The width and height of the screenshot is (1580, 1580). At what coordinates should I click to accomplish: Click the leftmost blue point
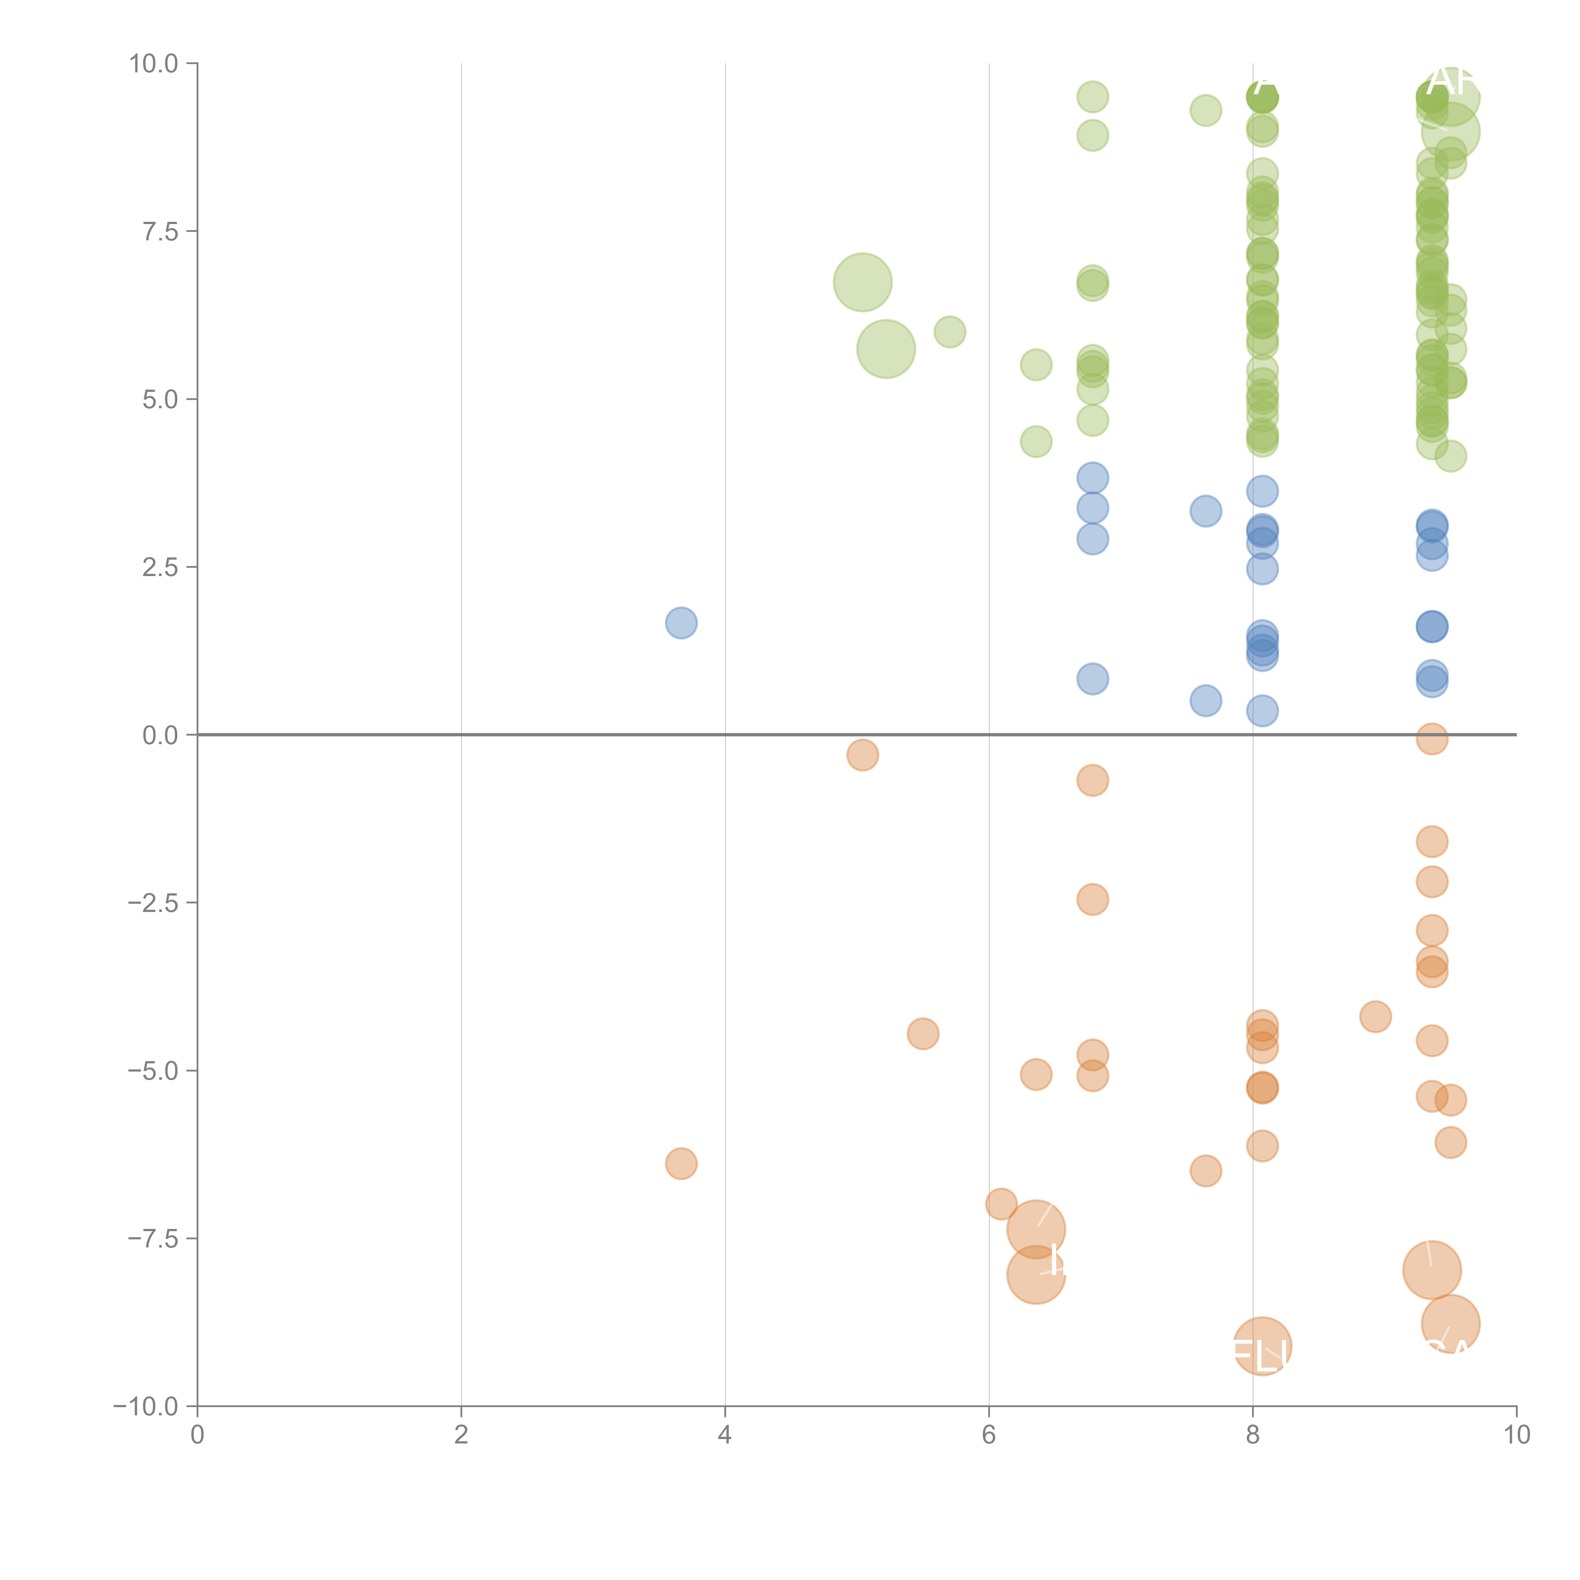click(x=681, y=623)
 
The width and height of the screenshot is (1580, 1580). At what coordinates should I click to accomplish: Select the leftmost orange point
click(x=681, y=1163)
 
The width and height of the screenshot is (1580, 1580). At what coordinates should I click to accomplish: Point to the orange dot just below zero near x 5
click(x=863, y=755)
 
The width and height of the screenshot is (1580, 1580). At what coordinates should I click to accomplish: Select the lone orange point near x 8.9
click(x=1376, y=1017)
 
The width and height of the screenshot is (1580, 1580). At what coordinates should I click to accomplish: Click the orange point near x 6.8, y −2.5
click(x=1093, y=900)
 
